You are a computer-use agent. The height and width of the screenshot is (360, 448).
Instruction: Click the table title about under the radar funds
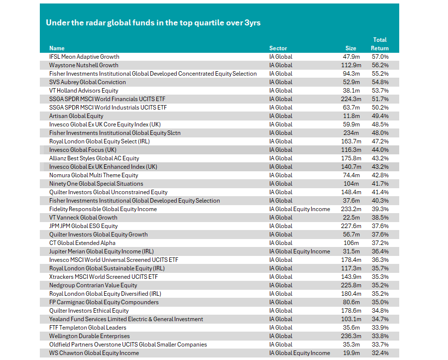click(x=153, y=22)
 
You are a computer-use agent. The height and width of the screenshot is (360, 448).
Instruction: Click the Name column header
click(x=57, y=48)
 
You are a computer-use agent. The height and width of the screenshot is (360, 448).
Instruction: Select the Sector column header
click(x=278, y=48)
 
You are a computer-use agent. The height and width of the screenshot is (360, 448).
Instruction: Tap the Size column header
click(x=351, y=48)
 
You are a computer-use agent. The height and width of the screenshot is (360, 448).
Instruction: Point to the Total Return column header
click(x=380, y=44)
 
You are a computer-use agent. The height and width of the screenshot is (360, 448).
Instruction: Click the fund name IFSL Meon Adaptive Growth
click(x=84, y=57)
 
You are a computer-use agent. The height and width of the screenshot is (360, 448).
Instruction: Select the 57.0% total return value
click(x=380, y=57)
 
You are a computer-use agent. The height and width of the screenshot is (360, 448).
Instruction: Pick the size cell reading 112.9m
click(x=351, y=65)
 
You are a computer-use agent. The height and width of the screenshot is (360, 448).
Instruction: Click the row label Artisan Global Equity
click(x=76, y=116)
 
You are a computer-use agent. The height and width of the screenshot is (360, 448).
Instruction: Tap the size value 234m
click(x=351, y=133)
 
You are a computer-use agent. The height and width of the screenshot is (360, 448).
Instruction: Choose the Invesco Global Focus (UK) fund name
click(x=83, y=150)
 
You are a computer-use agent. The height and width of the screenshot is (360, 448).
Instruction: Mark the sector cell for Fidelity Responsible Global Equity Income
click(x=300, y=209)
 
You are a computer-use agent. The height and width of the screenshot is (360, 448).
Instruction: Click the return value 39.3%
click(x=380, y=209)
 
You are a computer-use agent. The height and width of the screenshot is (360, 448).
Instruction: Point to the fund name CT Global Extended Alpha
click(x=82, y=243)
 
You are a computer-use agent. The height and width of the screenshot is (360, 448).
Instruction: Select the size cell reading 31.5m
click(x=351, y=251)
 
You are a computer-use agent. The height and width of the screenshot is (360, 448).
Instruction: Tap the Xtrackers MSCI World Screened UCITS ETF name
click(x=104, y=277)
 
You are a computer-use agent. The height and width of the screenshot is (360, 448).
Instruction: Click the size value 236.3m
click(x=351, y=336)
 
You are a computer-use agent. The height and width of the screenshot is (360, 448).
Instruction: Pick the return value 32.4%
click(x=380, y=353)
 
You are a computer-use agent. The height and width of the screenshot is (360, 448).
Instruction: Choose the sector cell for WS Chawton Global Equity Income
click(x=300, y=353)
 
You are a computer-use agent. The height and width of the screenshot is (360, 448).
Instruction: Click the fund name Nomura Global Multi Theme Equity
click(x=94, y=175)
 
